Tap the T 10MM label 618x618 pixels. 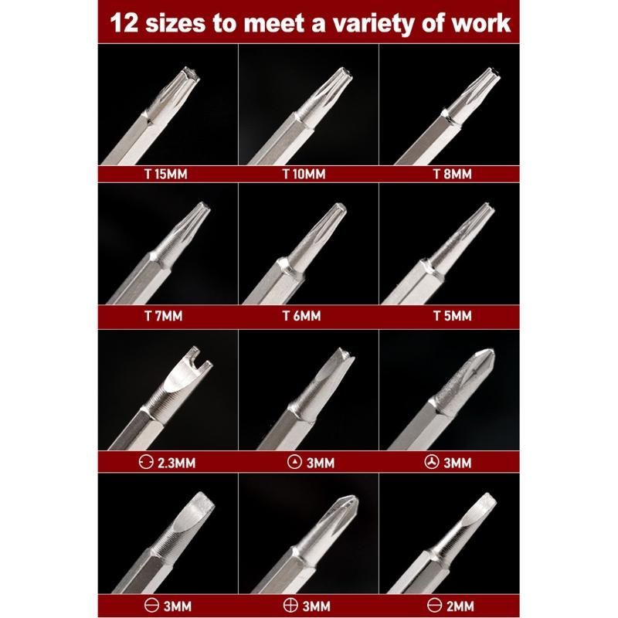(x=307, y=175)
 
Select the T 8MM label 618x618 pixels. (x=450, y=175)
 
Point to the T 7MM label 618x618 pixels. (x=165, y=317)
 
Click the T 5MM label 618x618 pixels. (x=449, y=317)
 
